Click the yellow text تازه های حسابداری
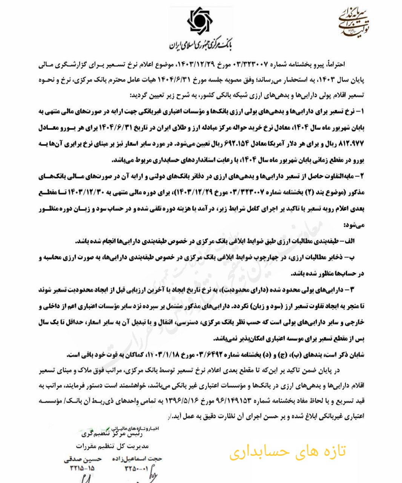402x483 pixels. click(x=287, y=451)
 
